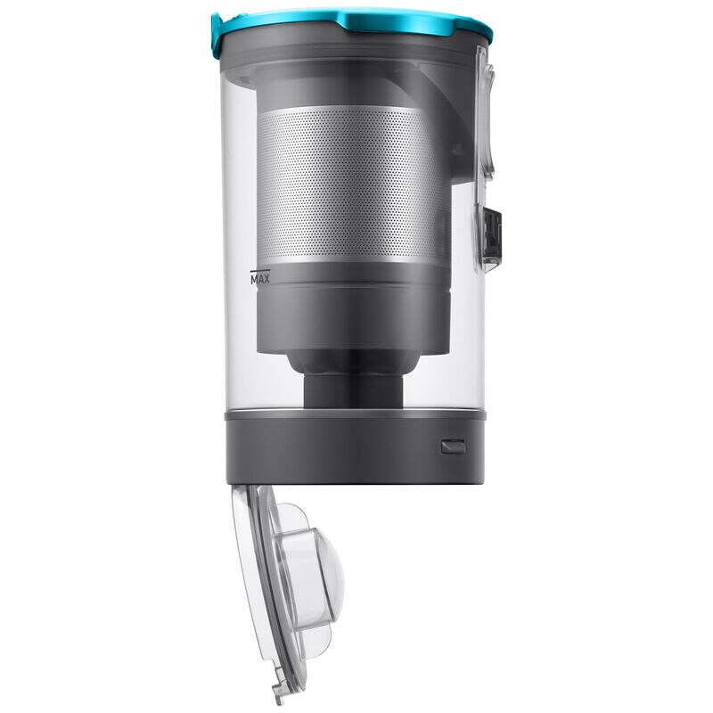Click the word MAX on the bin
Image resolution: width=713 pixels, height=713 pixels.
tap(261, 278)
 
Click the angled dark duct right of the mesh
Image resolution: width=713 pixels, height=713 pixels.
tap(446, 125)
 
